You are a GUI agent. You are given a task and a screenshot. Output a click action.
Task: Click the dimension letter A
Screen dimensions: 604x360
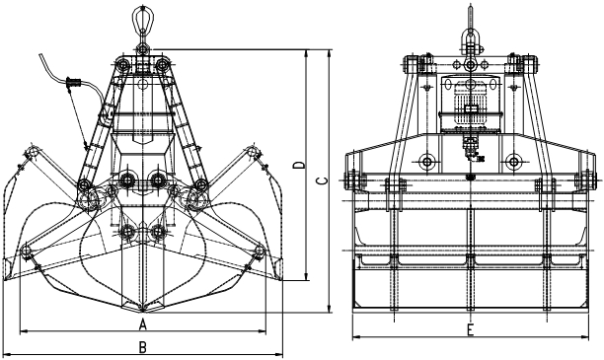pyautogui.click(x=143, y=324)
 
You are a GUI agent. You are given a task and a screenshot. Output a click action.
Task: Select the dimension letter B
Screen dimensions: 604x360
pyautogui.click(x=143, y=347)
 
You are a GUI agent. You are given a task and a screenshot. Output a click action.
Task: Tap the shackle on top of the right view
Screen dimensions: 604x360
pyautogui.click(x=471, y=40)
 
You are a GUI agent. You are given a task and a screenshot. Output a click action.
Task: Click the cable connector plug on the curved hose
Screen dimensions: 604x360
pyautogui.click(x=73, y=82)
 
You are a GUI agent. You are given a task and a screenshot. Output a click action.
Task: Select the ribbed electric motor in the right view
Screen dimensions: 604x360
pyautogui.click(x=471, y=105)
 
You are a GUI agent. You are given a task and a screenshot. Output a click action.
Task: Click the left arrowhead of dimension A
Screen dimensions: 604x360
pyautogui.click(x=24, y=330)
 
